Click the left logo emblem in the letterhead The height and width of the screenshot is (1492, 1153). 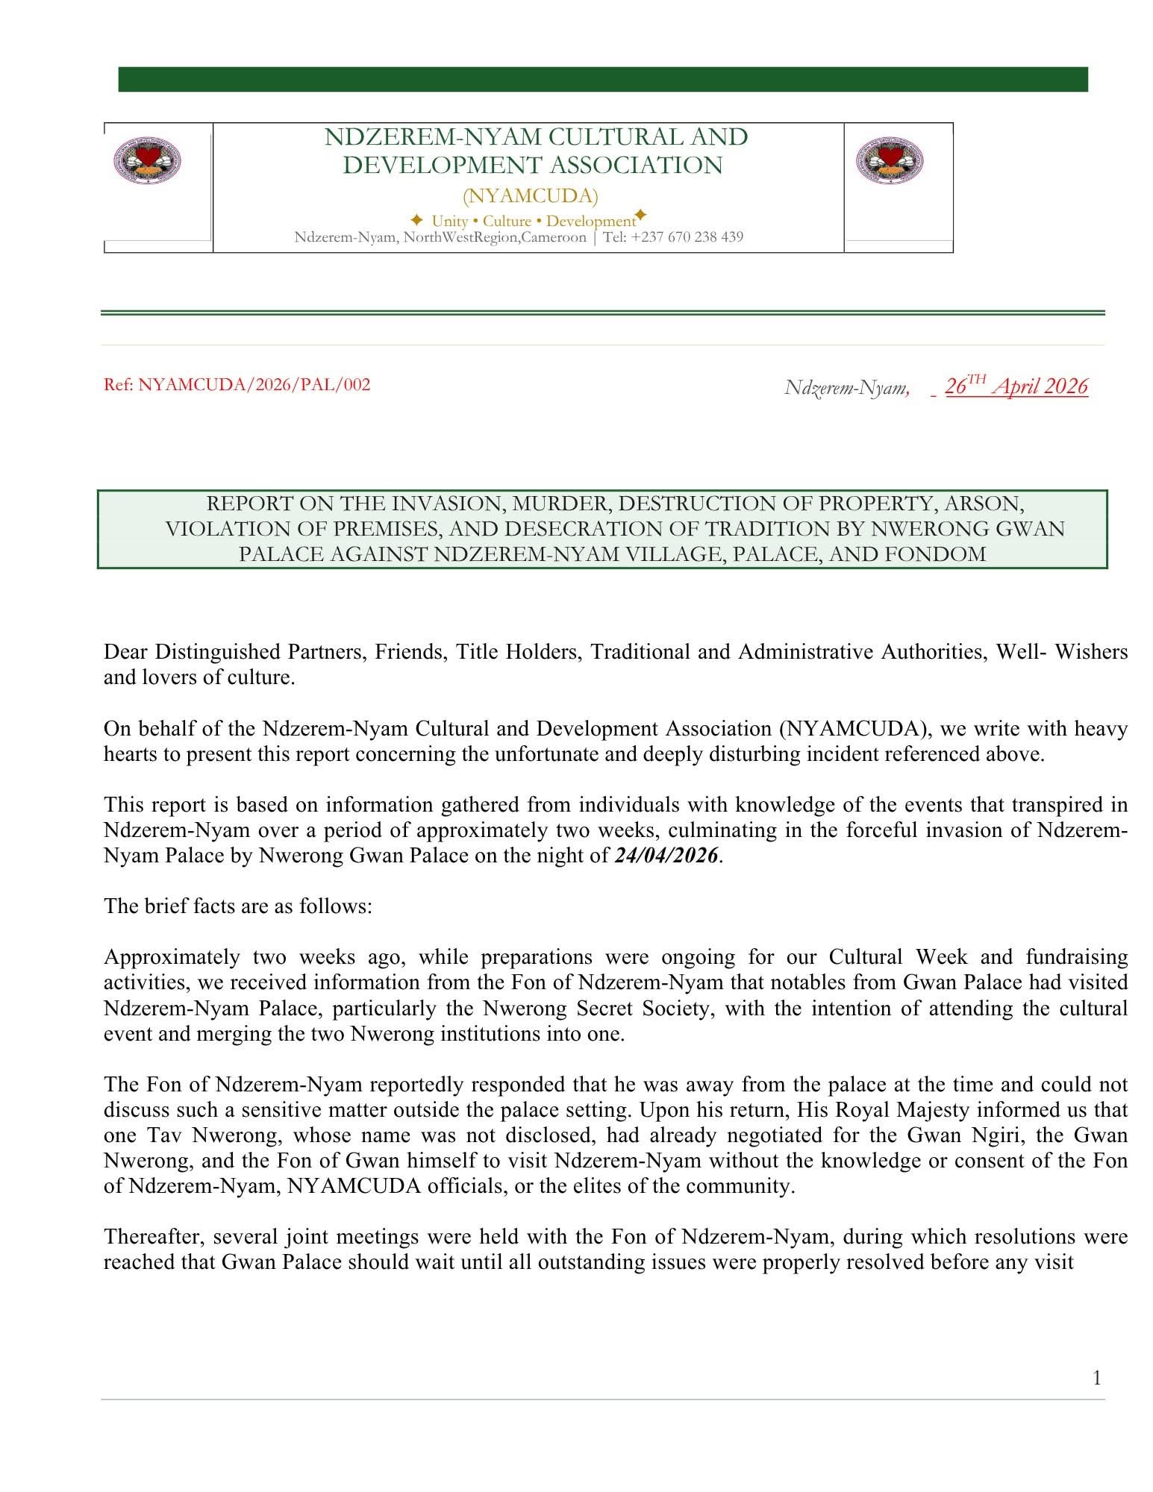[x=147, y=160]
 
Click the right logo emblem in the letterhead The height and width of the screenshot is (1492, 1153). [x=889, y=160]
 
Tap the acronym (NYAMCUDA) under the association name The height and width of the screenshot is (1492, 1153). [x=530, y=196]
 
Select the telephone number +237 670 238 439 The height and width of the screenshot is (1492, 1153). [x=687, y=237]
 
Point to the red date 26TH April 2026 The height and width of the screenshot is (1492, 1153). [x=1016, y=386]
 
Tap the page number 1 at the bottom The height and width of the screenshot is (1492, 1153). [x=1096, y=1378]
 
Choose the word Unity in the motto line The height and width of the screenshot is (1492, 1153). [x=449, y=221]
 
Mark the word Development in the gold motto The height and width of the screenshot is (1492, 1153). [x=590, y=221]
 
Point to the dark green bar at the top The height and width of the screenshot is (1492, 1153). [x=602, y=79]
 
